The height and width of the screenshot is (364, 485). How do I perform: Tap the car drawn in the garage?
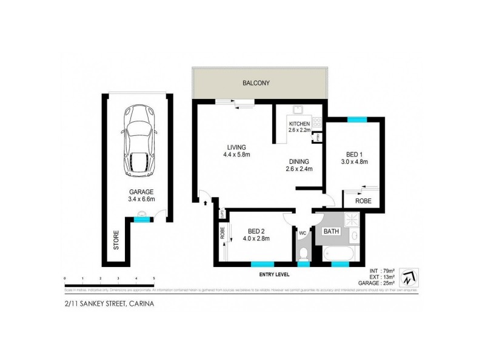pyautogui.click(x=140, y=141)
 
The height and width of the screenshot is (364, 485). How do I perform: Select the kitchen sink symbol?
pyautogui.click(x=298, y=111)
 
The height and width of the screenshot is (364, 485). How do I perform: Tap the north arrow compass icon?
pyautogui.click(x=410, y=278)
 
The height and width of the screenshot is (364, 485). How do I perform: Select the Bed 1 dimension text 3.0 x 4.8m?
pyautogui.click(x=354, y=161)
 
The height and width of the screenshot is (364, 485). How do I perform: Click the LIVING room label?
pyautogui.click(x=236, y=147)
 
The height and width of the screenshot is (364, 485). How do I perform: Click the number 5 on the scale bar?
pyautogui.click(x=155, y=278)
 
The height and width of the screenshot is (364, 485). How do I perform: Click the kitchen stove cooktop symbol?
pyautogui.click(x=316, y=126)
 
